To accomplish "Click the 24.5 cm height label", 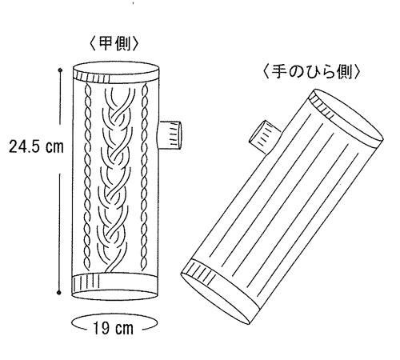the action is tap(37, 146).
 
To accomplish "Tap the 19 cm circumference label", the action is tap(113, 328).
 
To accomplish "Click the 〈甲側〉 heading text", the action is tap(114, 44).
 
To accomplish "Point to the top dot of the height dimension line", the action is tap(60, 70).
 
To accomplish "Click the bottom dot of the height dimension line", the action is tap(59, 293).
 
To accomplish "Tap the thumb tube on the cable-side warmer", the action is tap(170, 134).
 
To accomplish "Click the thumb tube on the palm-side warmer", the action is tap(264, 136).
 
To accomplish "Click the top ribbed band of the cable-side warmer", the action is tap(116, 78).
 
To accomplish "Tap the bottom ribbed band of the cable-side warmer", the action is tap(115, 283).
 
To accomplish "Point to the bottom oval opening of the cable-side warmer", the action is tap(115, 294).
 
